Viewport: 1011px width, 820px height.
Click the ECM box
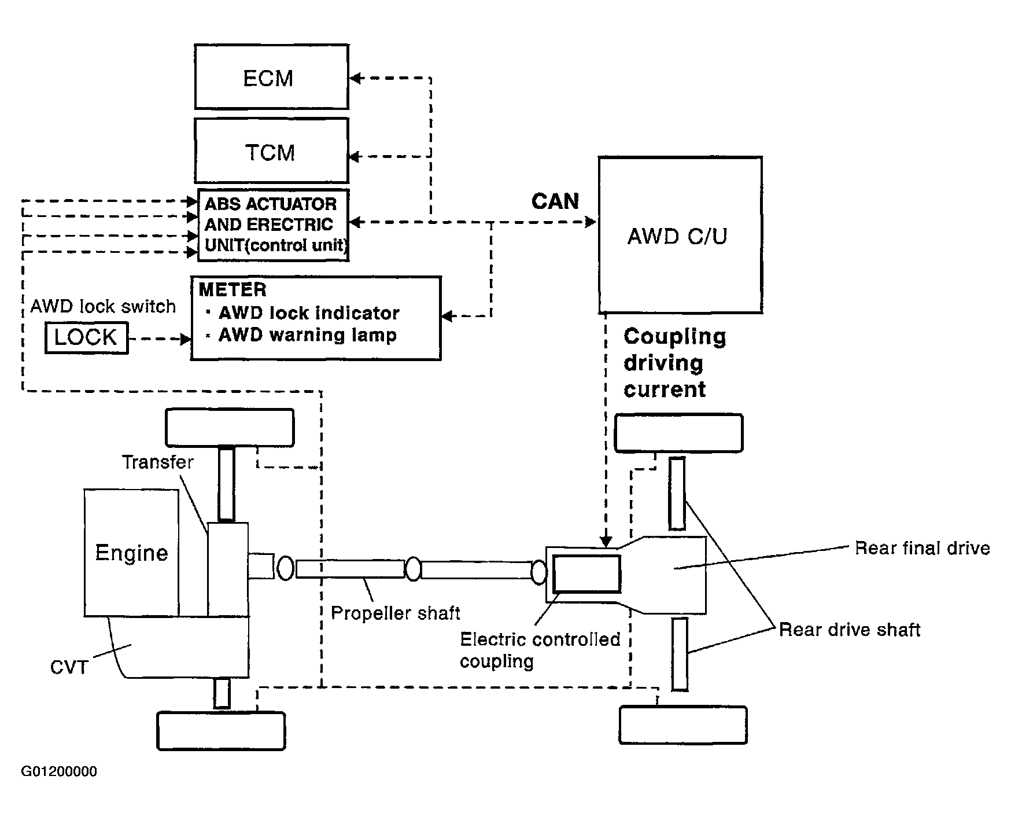click(x=271, y=76)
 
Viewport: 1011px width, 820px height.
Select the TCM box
click(x=271, y=151)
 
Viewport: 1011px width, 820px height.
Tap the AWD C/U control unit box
click(x=680, y=235)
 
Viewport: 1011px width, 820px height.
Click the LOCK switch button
click(x=86, y=337)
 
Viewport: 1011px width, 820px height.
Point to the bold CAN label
click(x=555, y=201)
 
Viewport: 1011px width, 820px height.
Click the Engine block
click(x=131, y=553)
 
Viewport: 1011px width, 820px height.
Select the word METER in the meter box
click(x=233, y=289)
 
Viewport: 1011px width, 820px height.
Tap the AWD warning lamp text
click(x=307, y=335)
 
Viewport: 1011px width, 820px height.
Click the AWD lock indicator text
click(x=309, y=313)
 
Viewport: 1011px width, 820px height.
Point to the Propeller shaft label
click(x=396, y=613)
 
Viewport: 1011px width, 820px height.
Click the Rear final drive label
click(x=923, y=548)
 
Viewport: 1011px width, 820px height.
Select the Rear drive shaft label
click(x=849, y=630)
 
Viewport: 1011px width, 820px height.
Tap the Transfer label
click(x=157, y=462)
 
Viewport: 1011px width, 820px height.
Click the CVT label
click(x=69, y=667)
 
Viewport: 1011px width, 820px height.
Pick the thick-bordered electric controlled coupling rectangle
click(x=586, y=573)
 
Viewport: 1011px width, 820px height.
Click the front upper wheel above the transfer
click(x=230, y=428)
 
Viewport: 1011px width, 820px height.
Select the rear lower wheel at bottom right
click(x=682, y=725)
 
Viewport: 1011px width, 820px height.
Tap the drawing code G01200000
click(x=59, y=771)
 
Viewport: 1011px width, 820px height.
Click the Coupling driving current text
click(x=674, y=363)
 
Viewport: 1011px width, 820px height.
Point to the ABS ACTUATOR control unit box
click(x=273, y=225)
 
